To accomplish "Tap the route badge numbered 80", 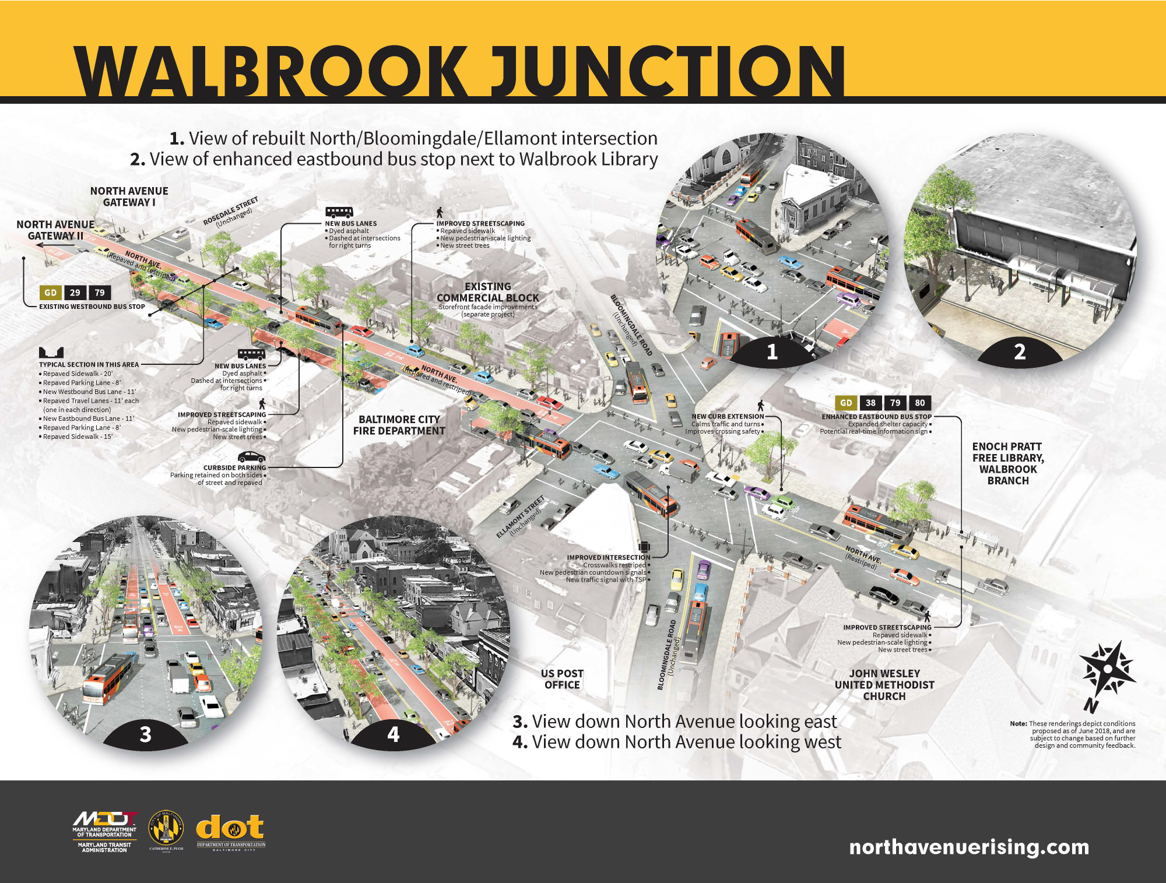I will click(919, 403).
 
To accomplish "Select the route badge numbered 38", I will click(870, 403).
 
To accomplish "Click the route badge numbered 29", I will click(75, 293).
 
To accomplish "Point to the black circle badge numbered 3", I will click(146, 734).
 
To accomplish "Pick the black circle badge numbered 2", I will click(1019, 352).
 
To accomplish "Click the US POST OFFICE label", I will click(562, 679).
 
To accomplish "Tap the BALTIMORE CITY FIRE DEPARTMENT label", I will click(399, 425).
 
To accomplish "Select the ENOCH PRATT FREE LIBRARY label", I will click(1008, 463).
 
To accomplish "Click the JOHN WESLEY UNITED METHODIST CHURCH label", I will click(884, 685).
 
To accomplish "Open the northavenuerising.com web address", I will click(969, 847).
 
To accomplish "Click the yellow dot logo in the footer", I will click(230, 828).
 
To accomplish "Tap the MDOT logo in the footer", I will click(105, 831).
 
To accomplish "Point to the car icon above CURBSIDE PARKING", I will click(251, 457).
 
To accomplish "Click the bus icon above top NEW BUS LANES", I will click(339, 212).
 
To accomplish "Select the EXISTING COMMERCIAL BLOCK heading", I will click(488, 292).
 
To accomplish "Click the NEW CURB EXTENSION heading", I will click(728, 416).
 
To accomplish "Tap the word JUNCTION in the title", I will click(667, 71).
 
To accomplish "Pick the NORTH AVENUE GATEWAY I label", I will click(129, 196).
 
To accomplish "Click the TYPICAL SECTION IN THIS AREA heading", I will click(89, 364).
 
